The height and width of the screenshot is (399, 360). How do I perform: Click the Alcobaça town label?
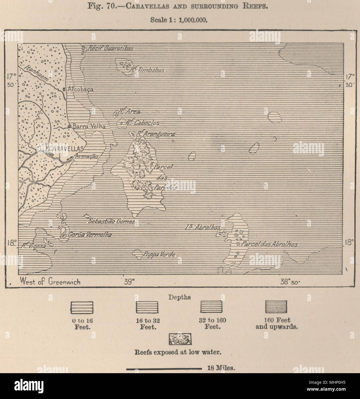[x=80, y=89]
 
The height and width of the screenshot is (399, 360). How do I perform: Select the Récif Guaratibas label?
[x=110, y=48]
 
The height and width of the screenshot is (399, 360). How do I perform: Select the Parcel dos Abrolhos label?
[x=269, y=244]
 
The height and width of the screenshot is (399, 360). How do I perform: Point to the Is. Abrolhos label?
[x=203, y=227]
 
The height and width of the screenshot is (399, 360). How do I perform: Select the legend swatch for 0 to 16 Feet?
[x=82, y=307]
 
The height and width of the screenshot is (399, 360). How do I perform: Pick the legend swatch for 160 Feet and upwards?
[x=276, y=307]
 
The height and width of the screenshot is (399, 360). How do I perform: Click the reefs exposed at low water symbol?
[x=180, y=339]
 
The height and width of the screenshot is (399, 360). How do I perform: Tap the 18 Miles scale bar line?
[x=164, y=368]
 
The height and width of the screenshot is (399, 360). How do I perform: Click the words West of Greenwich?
[x=50, y=282]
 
